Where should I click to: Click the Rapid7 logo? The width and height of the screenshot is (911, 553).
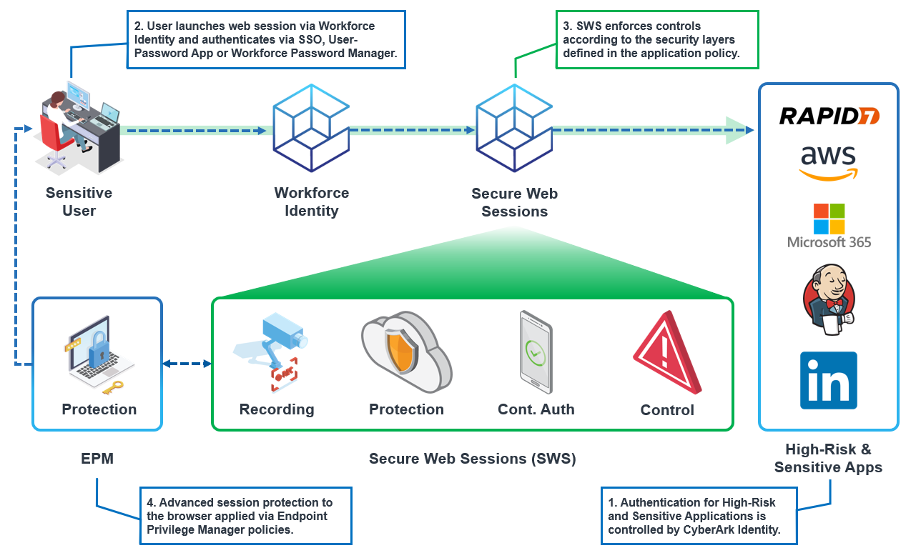pos(829,116)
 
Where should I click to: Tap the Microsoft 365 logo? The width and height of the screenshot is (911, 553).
pos(829,226)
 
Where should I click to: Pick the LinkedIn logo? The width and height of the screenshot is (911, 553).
pos(828,380)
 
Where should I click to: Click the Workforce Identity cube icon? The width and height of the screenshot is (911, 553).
pos(311,129)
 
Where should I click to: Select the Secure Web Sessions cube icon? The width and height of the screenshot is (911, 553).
pos(514,129)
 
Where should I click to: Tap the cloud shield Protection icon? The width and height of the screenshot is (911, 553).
pos(405,352)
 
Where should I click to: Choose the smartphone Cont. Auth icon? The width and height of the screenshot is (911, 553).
pos(535,352)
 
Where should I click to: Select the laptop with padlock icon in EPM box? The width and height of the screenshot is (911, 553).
pos(97,353)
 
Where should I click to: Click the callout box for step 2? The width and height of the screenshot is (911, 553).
pos(266,39)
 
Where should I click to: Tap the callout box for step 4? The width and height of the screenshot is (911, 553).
pos(245,516)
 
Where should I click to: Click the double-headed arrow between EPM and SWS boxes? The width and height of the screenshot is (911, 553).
pos(187,364)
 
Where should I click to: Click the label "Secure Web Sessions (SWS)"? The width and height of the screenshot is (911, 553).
pos(472,459)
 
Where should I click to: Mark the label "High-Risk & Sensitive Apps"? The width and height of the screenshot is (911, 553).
pos(828,459)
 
